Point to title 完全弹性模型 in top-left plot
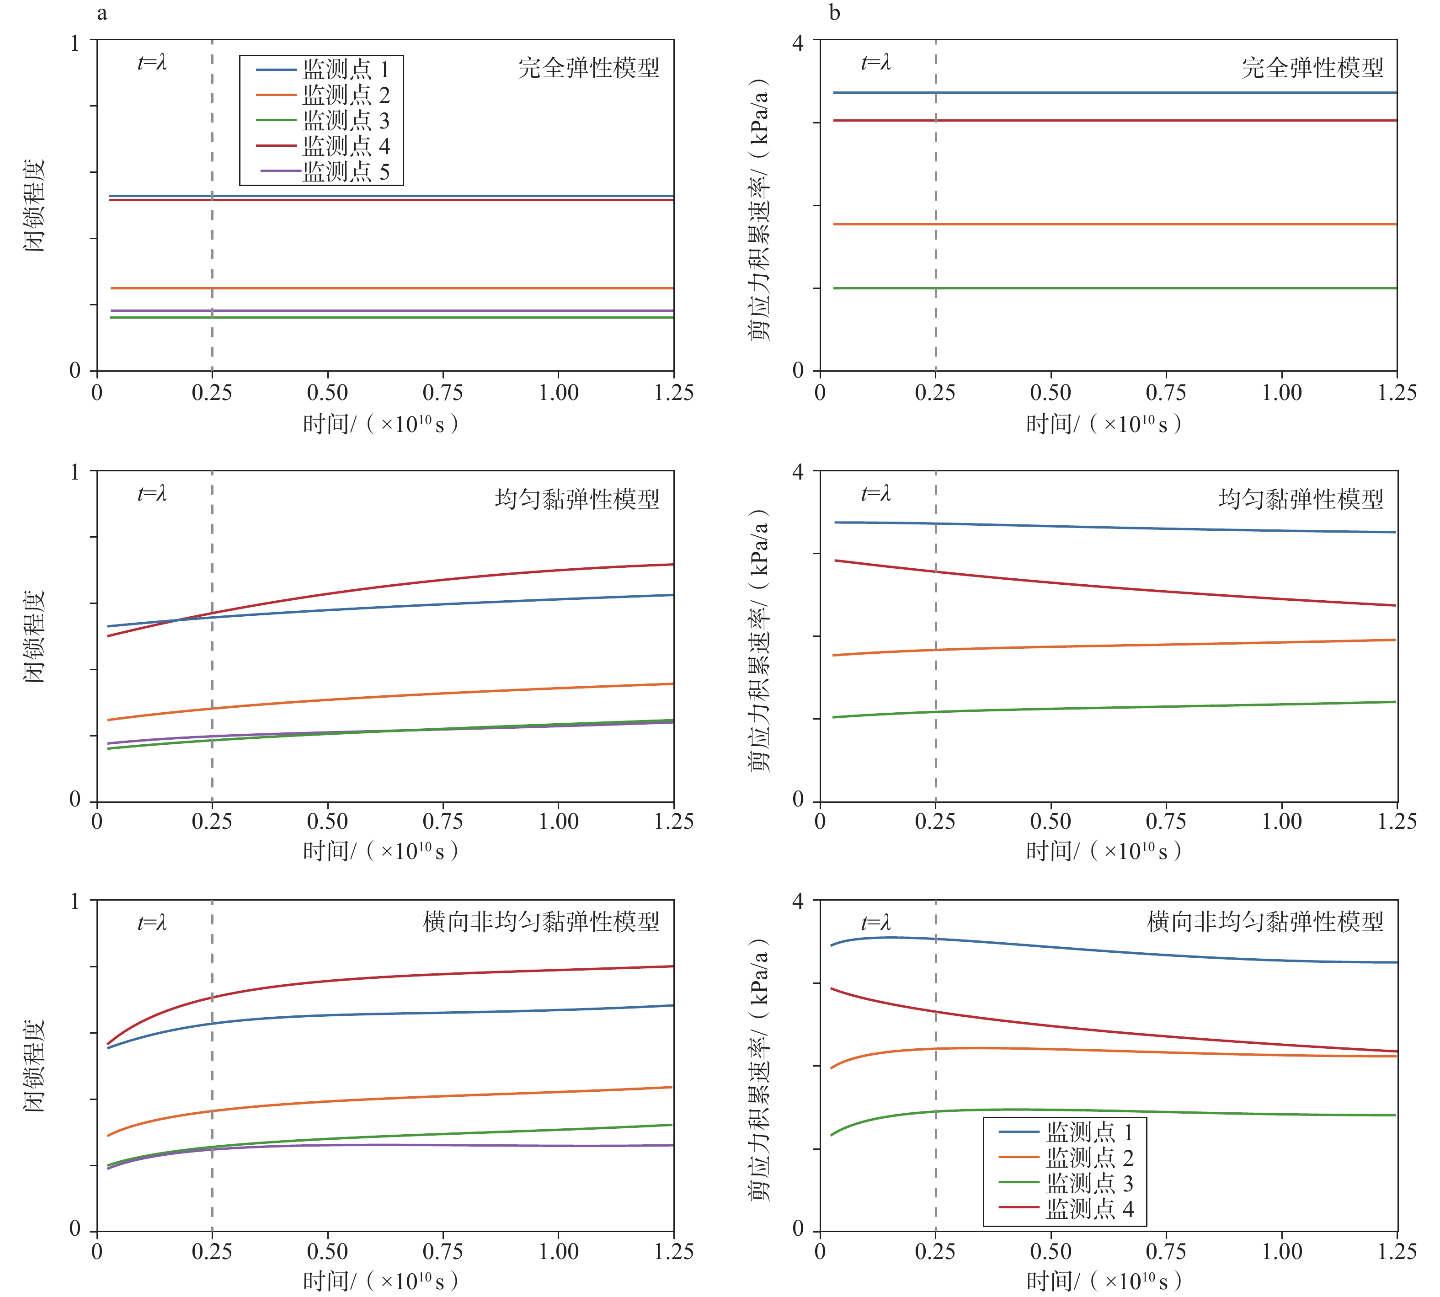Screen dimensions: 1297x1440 click(x=588, y=69)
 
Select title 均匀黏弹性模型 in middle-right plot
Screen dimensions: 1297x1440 click(x=1301, y=499)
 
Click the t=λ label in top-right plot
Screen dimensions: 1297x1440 click(x=876, y=63)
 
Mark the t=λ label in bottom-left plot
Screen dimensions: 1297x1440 click(x=152, y=923)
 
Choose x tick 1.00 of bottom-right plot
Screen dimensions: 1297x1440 click(x=1282, y=1251)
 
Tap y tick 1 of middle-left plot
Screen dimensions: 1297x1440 click(x=74, y=472)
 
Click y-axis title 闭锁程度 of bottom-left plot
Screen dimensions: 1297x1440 click(x=34, y=1065)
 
